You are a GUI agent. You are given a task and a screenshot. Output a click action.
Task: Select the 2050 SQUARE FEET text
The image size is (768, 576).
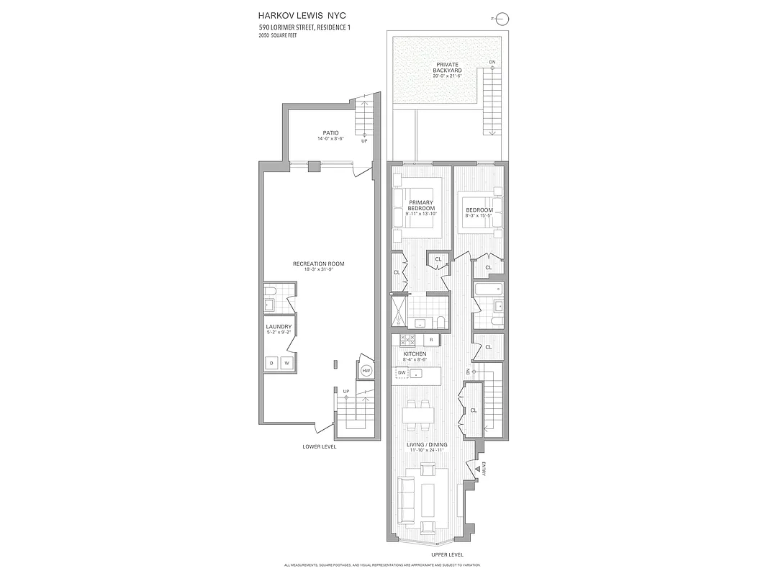tap(278, 35)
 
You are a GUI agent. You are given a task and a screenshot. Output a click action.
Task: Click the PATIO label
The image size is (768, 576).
tap(330, 133)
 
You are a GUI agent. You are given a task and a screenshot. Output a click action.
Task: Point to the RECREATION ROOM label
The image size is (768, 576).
tap(318, 264)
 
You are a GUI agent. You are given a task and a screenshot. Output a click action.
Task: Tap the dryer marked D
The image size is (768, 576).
tap(272, 363)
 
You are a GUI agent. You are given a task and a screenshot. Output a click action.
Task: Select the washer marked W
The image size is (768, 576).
tap(286, 363)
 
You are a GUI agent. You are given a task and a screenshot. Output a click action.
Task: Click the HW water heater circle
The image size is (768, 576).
tap(366, 370)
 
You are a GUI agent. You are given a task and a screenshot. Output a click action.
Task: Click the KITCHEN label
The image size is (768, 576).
tap(415, 354)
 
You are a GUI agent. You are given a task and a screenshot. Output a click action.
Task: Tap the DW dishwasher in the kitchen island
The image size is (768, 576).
tap(402, 373)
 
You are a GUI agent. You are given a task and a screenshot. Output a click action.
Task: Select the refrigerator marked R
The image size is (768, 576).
tap(430, 340)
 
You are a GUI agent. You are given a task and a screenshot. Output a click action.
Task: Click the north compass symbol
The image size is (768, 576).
tap(502, 19)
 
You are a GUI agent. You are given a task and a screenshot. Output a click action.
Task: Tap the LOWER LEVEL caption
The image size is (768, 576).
tap(319, 446)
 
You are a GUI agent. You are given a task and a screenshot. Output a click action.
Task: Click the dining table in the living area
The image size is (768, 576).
tap(418, 415)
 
